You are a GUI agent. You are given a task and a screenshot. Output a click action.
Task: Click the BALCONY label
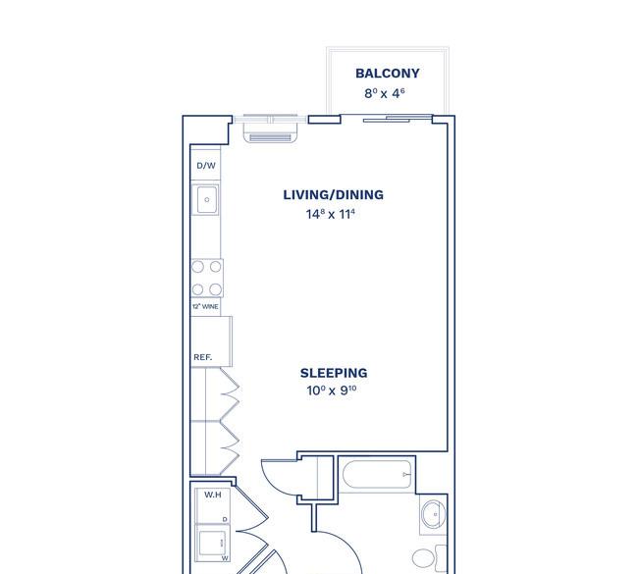(388, 74)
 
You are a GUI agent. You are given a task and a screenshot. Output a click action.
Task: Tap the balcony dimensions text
(385, 93)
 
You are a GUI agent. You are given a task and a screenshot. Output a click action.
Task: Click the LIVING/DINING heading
(334, 195)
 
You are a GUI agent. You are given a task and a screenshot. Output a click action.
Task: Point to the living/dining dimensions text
(331, 214)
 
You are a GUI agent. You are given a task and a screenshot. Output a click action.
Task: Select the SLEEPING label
(334, 373)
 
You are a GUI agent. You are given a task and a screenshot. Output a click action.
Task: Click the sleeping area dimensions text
(332, 391)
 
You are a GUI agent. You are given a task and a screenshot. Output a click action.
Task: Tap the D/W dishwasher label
(206, 166)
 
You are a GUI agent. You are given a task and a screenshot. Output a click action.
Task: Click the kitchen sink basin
(207, 200)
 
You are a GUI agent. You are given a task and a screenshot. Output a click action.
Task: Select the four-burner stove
(207, 279)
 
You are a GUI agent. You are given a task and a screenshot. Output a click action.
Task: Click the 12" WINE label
(205, 307)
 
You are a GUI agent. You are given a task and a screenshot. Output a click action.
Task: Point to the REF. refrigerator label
(202, 357)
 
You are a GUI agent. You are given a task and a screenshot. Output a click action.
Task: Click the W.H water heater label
(213, 495)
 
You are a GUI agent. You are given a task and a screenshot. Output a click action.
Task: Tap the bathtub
(377, 474)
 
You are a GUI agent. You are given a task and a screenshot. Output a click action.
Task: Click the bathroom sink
(433, 514)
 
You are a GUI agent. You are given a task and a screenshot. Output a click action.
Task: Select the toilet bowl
(424, 558)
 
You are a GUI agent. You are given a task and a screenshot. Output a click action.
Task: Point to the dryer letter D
(225, 519)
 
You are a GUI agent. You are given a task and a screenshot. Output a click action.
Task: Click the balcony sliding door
(398, 119)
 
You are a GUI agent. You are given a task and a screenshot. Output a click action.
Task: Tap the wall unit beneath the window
(271, 133)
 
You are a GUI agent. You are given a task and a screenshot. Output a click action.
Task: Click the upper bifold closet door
(230, 393)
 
